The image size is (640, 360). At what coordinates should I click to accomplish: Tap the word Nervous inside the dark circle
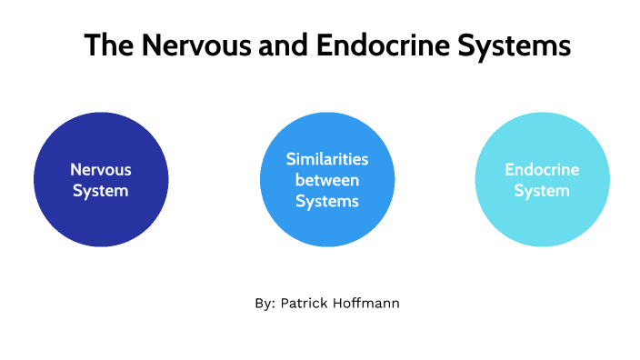pyautogui.click(x=101, y=170)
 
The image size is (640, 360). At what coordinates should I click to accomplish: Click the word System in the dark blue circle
pyautogui.click(x=101, y=191)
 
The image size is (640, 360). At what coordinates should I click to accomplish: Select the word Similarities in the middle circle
pyautogui.click(x=327, y=159)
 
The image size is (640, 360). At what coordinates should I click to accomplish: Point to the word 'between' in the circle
pyautogui.click(x=327, y=180)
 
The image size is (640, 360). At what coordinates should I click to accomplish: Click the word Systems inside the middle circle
pyautogui.click(x=327, y=201)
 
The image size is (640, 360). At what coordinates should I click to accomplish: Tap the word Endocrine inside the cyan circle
pyautogui.click(x=542, y=170)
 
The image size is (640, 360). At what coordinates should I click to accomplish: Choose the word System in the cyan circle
pyautogui.click(x=542, y=191)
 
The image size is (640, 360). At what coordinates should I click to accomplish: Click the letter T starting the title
pyautogui.click(x=92, y=45)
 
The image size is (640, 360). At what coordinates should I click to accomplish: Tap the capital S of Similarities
pyautogui.click(x=291, y=159)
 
